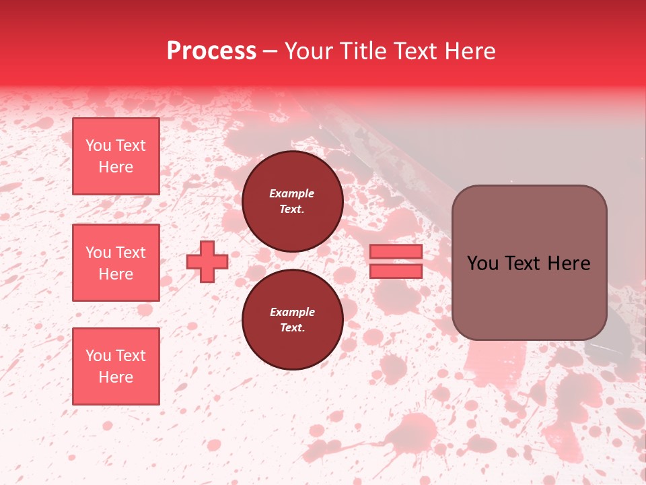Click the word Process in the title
click(x=211, y=51)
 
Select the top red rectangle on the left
click(x=116, y=156)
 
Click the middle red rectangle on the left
click(x=116, y=263)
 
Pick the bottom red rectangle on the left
click(x=116, y=366)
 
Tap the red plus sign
click(x=207, y=261)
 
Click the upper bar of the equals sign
click(x=396, y=251)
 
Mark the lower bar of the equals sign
click(x=396, y=271)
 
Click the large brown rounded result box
click(x=529, y=296)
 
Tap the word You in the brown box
click(x=482, y=263)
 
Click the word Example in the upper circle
click(x=292, y=194)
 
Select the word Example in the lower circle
click(x=292, y=313)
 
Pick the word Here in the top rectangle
click(x=116, y=167)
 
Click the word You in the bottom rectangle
click(x=98, y=356)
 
